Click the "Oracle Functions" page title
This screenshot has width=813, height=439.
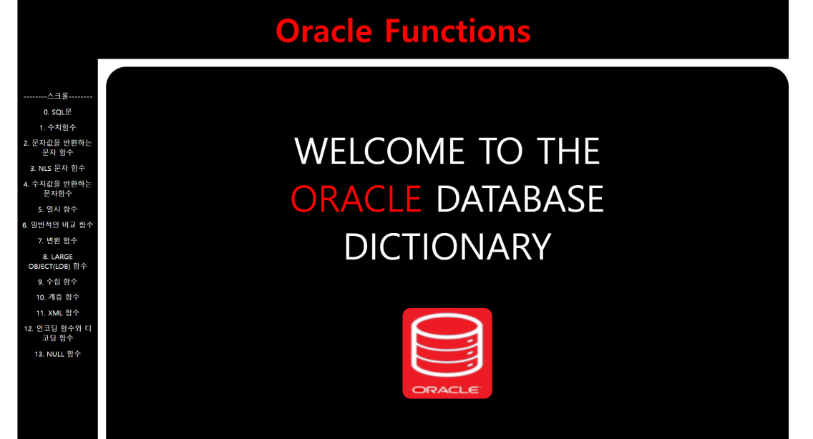pyautogui.click(x=403, y=31)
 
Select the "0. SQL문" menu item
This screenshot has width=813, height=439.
pyautogui.click(x=57, y=112)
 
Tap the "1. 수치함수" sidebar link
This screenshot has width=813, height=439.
pyautogui.click(x=57, y=127)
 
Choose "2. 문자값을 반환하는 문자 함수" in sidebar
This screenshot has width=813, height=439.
pyautogui.click(x=57, y=148)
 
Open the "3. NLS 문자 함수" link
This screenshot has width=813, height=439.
pyautogui.click(x=57, y=169)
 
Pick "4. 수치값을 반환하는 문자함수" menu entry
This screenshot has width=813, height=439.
pyautogui.click(x=57, y=189)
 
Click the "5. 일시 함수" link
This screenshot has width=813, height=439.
pyautogui.click(x=57, y=209)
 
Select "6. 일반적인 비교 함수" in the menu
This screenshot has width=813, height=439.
pyautogui.click(x=57, y=225)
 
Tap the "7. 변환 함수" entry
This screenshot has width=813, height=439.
pyautogui.click(x=57, y=240)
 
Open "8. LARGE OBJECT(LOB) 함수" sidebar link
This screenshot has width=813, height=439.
pyautogui.click(x=57, y=261)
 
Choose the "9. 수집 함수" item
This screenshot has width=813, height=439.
pyautogui.click(x=57, y=282)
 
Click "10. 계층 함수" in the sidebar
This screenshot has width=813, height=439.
pyautogui.click(x=57, y=297)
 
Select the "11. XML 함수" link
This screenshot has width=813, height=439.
pyautogui.click(x=57, y=313)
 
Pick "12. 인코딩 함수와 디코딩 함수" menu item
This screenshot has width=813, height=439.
pyautogui.click(x=57, y=333)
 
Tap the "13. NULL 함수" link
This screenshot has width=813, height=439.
pyautogui.click(x=57, y=354)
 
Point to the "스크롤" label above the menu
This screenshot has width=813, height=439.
pyautogui.click(x=57, y=96)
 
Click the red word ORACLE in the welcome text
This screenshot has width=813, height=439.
pyautogui.click(x=356, y=199)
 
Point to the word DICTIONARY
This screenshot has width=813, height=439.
pyautogui.click(x=447, y=247)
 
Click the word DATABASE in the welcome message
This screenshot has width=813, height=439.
pyautogui.click(x=520, y=199)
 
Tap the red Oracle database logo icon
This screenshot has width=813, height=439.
pyautogui.click(x=447, y=353)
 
